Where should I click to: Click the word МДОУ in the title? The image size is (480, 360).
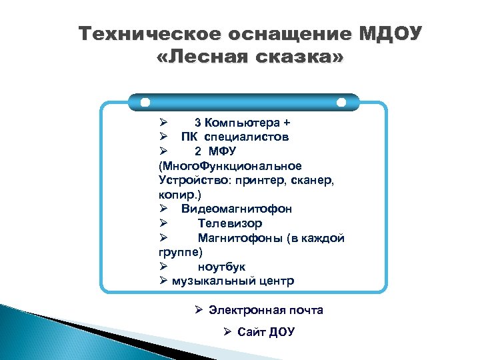tap(391, 33)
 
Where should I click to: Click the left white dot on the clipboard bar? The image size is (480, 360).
tap(145, 103)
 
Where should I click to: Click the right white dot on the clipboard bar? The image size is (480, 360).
tap(341, 103)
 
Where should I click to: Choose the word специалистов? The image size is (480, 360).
tap(247, 137)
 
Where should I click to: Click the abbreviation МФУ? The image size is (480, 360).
tap(223, 151)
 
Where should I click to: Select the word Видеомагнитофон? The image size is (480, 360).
tap(236, 209)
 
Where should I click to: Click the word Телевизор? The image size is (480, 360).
tap(230, 223)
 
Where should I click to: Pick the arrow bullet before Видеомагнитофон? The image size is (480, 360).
tap(163, 209)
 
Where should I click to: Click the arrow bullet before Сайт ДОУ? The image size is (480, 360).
tap(227, 332)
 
